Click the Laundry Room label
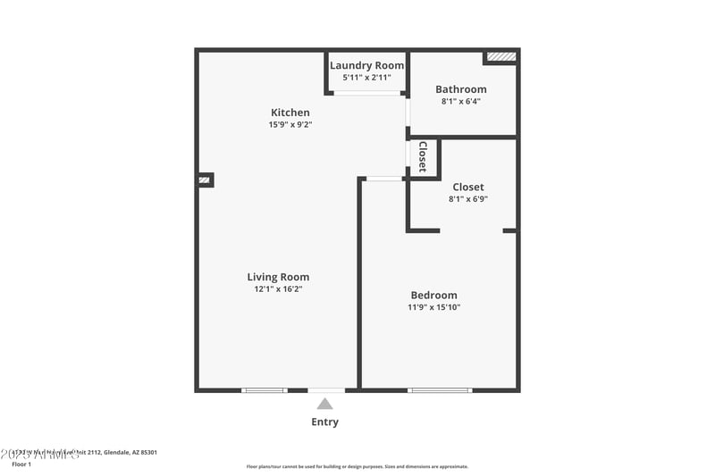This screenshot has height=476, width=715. (366, 65)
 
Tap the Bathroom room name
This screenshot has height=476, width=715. (461, 89)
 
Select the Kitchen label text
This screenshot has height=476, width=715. (290, 113)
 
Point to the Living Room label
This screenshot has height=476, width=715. (278, 277)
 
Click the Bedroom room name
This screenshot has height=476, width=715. (433, 296)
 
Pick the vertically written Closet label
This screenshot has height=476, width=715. (423, 157)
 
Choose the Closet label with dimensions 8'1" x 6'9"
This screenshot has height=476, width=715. (468, 188)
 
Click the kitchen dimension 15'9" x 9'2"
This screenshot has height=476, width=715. (290, 125)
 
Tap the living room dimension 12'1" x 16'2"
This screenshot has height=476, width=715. (278, 289)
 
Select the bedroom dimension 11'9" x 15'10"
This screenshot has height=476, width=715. (433, 308)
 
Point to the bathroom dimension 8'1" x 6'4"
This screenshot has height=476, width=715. (461, 102)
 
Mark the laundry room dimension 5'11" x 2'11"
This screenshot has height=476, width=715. (366, 78)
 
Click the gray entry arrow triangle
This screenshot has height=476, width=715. (324, 404)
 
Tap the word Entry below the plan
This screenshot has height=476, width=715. (324, 422)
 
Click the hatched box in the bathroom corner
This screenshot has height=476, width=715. (501, 56)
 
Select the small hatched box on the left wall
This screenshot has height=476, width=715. (205, 180)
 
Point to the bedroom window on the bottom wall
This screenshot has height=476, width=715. (440, 389)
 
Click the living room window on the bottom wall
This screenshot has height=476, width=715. (265, 389)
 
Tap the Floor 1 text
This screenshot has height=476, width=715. (21, 464)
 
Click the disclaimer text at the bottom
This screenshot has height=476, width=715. (357, 466)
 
